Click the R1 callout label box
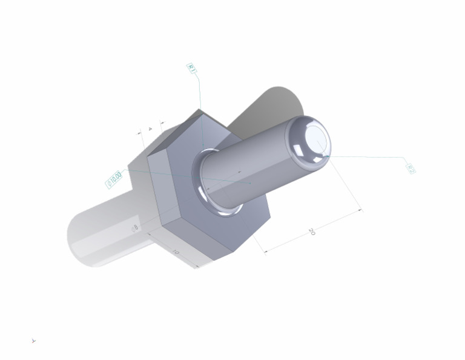click(191, 68)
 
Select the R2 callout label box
click(410, 168)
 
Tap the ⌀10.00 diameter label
click(114, 179)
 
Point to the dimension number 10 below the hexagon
click(176, 252)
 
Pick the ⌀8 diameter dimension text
click(136, 228)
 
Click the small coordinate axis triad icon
click(34, 341)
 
